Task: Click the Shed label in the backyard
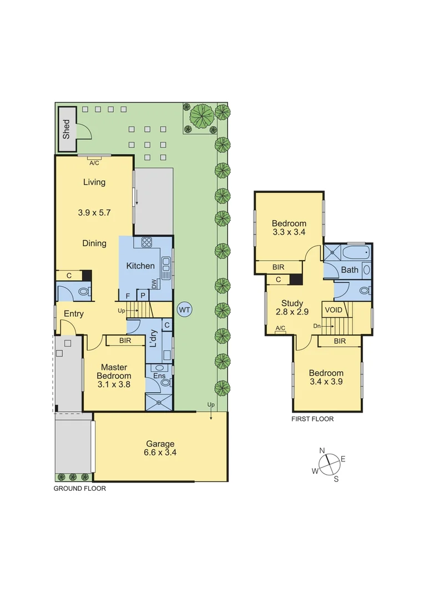[67, 129]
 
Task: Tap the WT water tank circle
[184, 309]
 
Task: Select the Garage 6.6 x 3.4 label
[160, 448]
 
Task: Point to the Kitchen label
[140, 266]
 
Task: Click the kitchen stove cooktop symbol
[147, 242]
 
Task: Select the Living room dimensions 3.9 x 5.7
[94, 212]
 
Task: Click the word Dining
[94, 243]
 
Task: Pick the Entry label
[74, 314]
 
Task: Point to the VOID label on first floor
[334, 310]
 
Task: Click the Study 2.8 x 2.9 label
[292, 308]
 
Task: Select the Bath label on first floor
[350, 270]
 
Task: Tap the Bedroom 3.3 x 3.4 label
[289, 228]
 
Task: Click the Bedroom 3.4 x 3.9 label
[326, 378]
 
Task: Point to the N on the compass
[322, 450]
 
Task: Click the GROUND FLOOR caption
[79, 489]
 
